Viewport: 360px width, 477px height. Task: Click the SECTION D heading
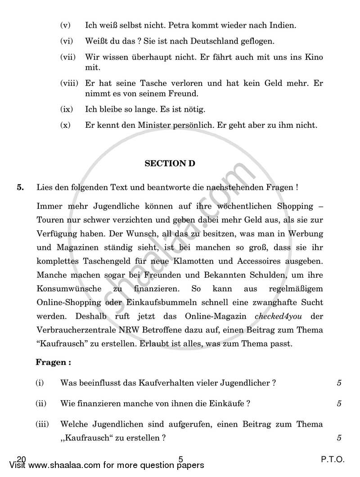pyautogui.click(x=170, y=164)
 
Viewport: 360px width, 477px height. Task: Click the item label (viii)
pyautogui.click(x=69, y=83)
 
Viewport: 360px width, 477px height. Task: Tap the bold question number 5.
pyautogui.click(x=20, y=188)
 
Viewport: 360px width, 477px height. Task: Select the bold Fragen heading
pyautogui.click(x=53, y=362)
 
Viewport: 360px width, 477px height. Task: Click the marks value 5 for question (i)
pyautogui.click(x=339, y=383)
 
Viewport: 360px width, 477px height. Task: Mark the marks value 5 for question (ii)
pyautogui.click(x=339, y=404)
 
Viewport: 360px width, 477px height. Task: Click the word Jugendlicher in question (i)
pyautogui.click(x=246, y=383)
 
